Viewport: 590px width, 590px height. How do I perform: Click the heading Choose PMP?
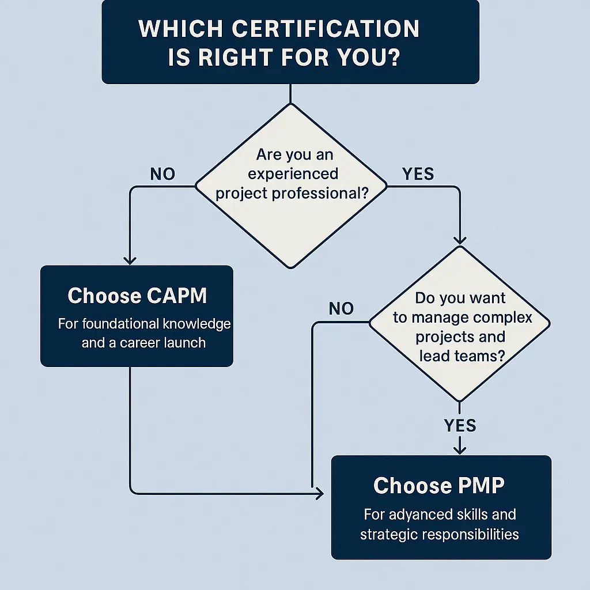coord(438,486)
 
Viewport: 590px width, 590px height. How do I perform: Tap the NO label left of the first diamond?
coord(162,174)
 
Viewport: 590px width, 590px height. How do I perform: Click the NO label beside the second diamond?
coord(341,309)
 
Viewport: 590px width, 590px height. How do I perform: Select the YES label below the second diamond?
coord(460,426)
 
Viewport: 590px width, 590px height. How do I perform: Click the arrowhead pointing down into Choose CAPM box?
coord(130,260)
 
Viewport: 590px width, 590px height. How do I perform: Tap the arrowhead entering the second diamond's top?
coord(460,240)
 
